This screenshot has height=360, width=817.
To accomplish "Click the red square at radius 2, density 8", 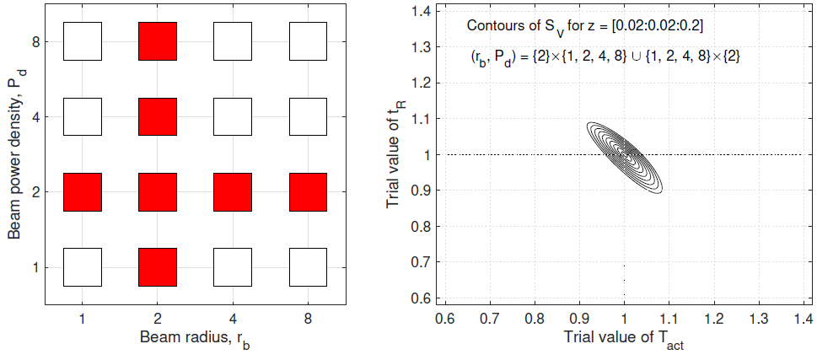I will point(158,41).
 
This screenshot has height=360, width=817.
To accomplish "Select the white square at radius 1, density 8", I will point(83,41).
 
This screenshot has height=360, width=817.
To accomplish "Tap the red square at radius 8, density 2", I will point(308,192).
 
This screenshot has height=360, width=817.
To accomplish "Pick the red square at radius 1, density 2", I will point(83,192).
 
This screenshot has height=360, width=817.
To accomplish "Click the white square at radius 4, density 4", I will point(233,117).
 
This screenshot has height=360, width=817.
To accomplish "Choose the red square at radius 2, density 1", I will point(158,267).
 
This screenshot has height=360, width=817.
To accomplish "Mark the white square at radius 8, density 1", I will point(308,267).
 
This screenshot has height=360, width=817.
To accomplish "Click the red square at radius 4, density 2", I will point(233,192).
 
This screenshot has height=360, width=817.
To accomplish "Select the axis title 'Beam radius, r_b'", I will point(194,339).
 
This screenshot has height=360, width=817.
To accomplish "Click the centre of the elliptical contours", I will point(624,153).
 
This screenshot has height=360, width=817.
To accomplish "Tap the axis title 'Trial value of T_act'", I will point(624,340).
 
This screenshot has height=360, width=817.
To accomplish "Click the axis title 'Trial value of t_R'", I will point(395,153).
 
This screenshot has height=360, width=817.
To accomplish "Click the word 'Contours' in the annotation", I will point(494,25).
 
